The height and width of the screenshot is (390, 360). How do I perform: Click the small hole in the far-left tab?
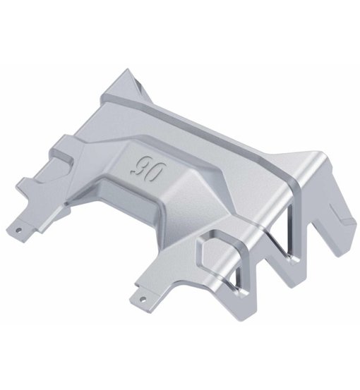point(23,228)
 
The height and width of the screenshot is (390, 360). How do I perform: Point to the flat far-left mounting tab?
point(27,226)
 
